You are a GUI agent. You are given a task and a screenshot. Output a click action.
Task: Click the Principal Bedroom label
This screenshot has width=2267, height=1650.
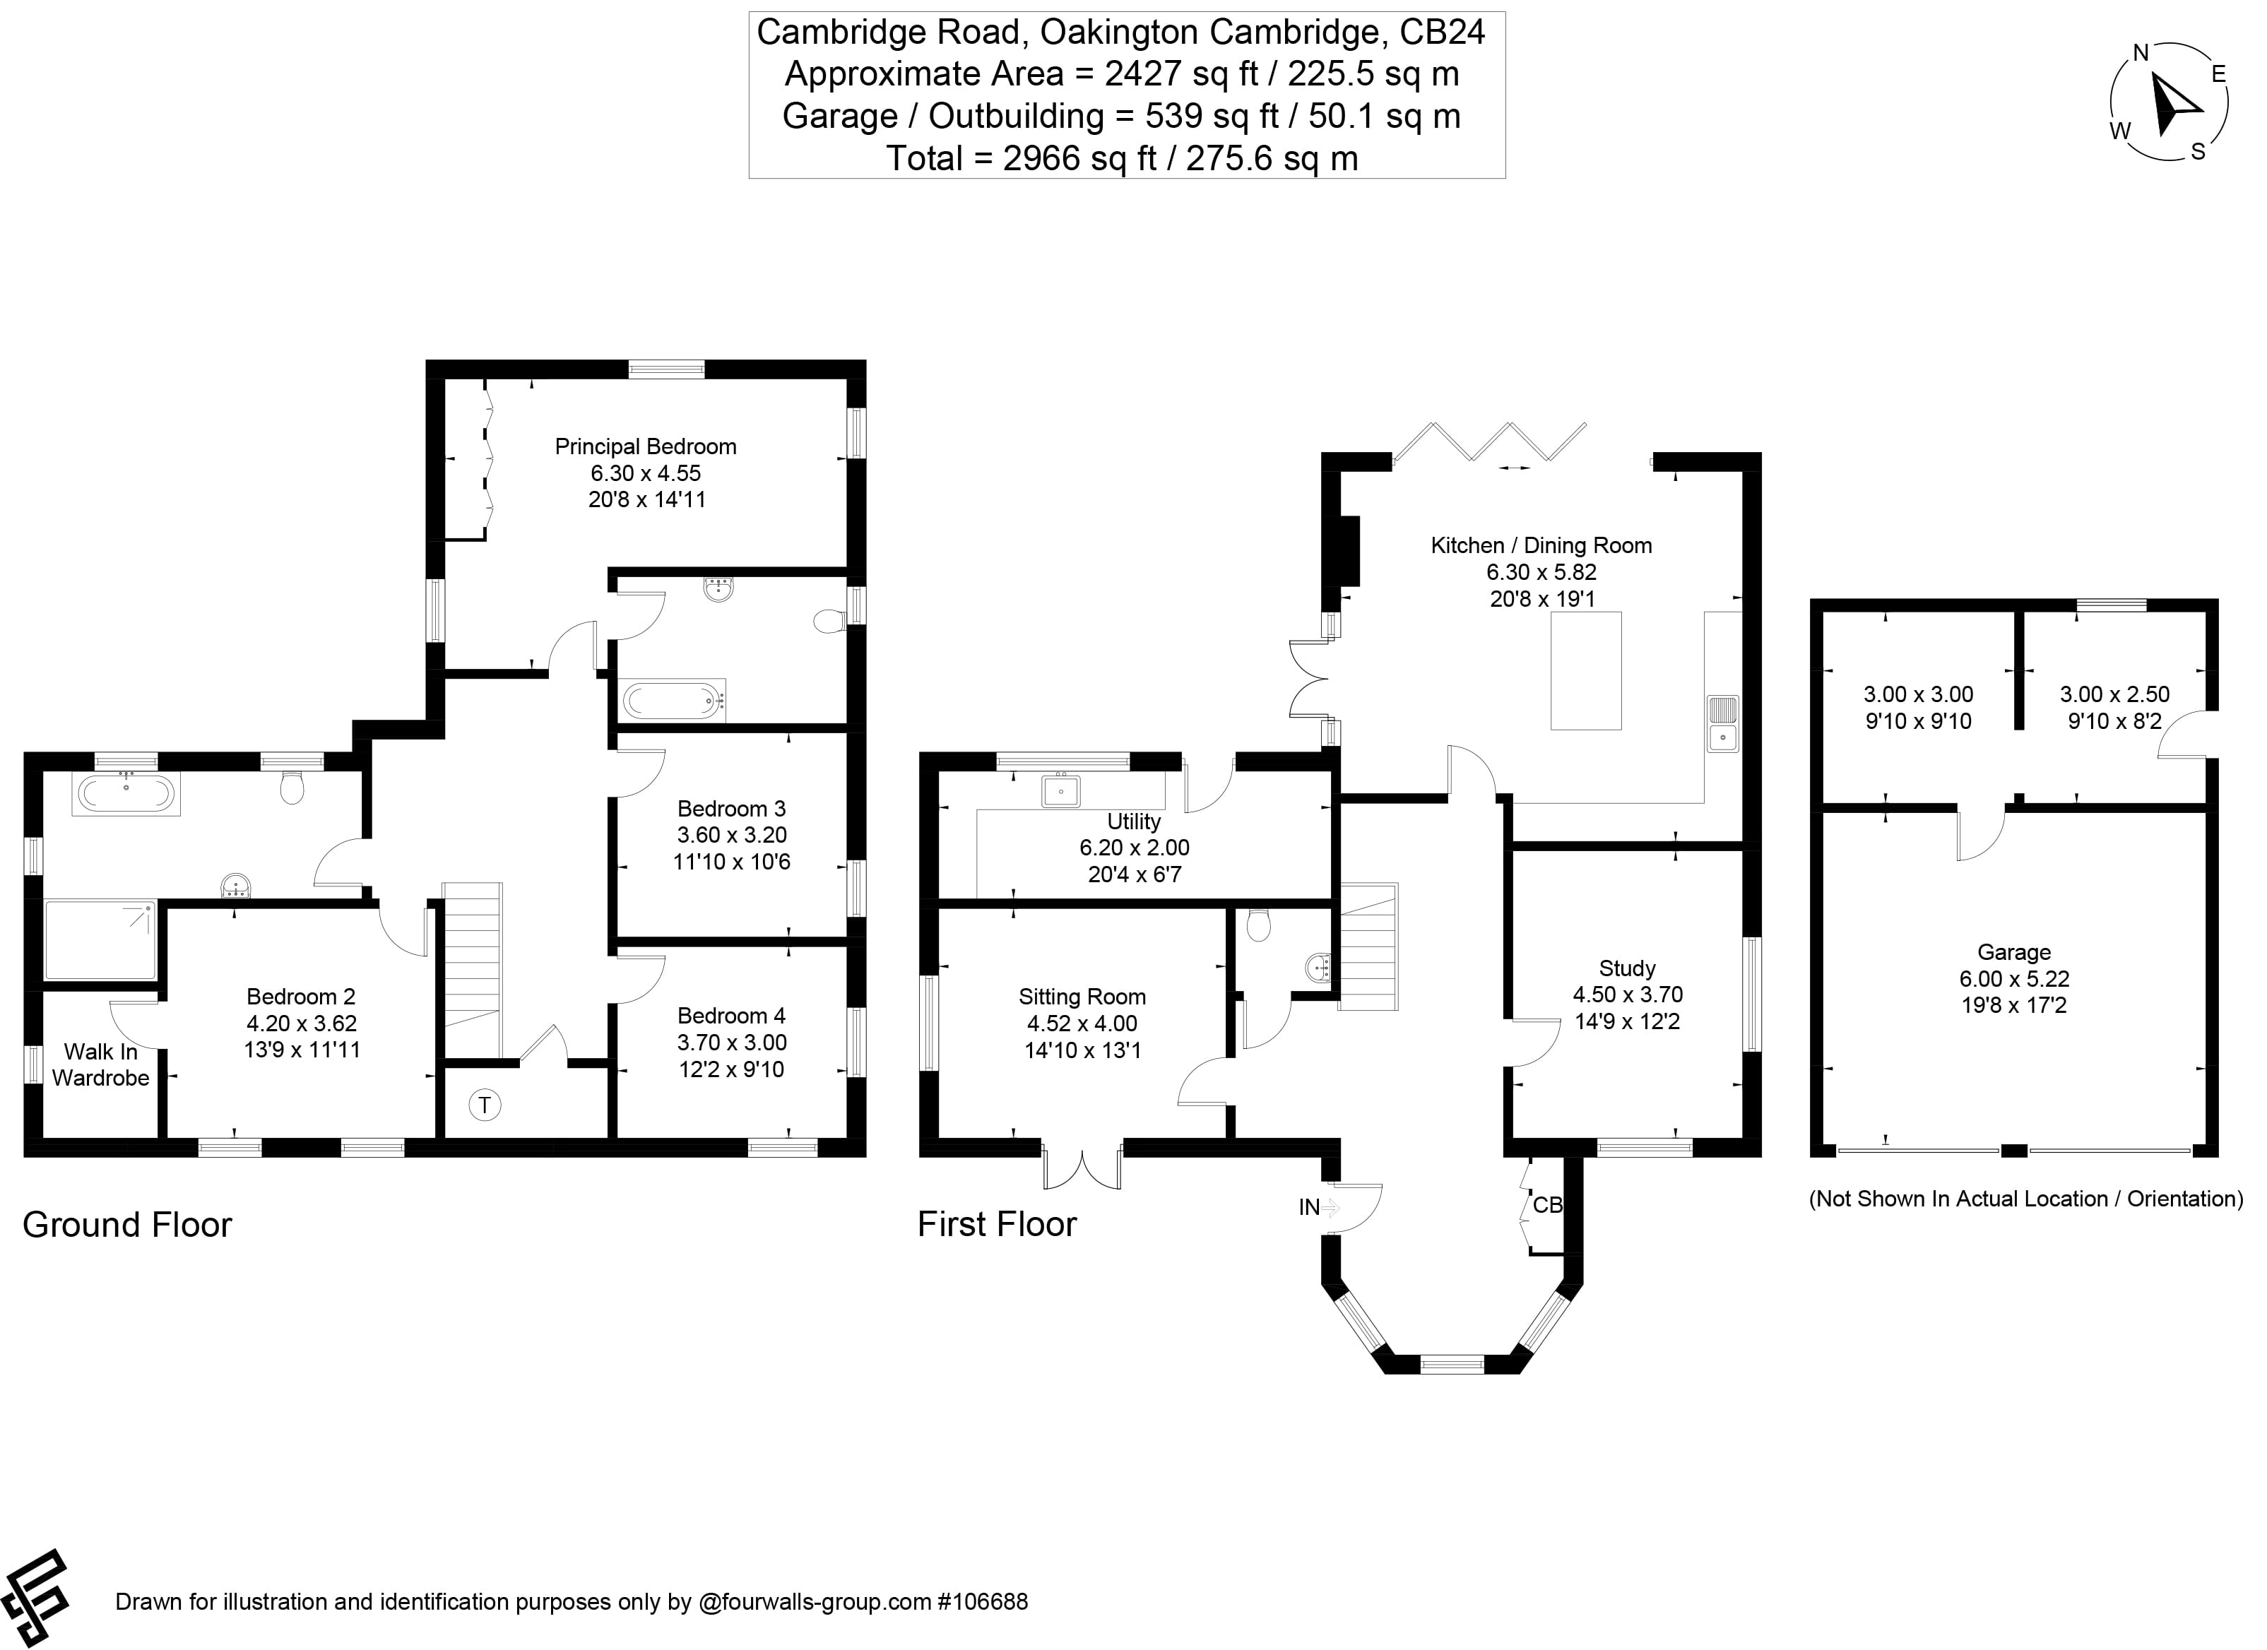646,446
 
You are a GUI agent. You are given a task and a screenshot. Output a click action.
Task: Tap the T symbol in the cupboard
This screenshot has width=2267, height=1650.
485,1105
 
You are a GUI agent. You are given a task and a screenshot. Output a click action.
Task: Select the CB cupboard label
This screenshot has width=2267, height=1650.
1546,1205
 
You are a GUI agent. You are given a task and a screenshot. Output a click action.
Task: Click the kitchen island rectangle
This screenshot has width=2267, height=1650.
1585,670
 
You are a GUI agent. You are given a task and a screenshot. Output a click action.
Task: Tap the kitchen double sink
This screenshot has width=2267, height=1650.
1722,723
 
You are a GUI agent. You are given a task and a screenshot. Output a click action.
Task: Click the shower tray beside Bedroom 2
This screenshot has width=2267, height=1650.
100,940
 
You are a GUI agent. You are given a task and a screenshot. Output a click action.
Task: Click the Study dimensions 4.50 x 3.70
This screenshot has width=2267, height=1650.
1627,995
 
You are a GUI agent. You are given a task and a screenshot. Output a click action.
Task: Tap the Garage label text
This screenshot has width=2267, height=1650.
2013,952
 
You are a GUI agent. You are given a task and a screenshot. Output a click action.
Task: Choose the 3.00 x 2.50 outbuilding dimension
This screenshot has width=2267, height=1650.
2114,694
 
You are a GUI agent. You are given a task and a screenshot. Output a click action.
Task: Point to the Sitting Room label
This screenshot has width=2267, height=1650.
1082,997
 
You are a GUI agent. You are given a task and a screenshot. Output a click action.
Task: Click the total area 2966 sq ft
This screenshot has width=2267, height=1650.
1122,158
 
